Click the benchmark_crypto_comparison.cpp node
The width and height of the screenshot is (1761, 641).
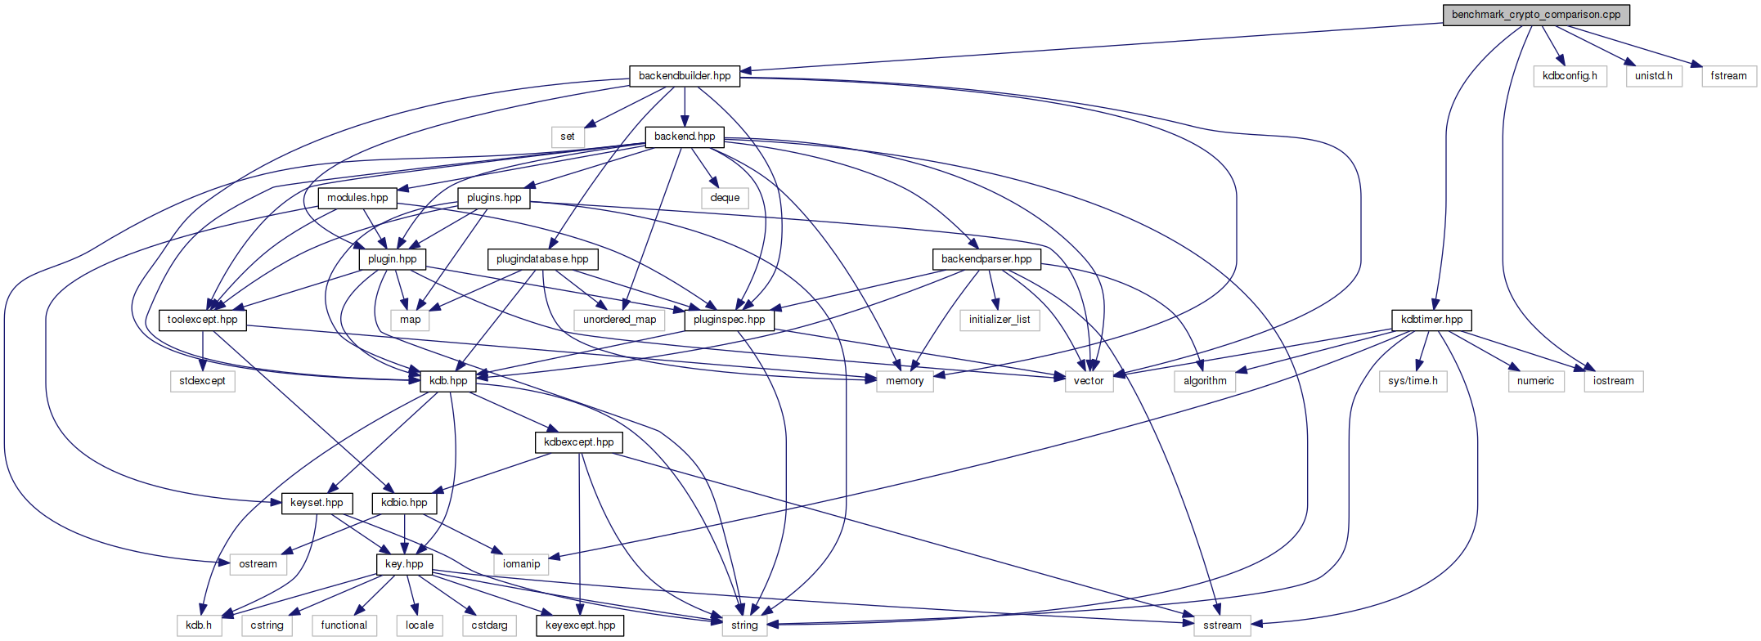pyautogui.click(x=1536, y=15)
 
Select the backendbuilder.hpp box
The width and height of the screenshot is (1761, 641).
pyautogui.click(x=685, y=76)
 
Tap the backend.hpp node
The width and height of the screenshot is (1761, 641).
pyautogui.click(x=685, y=137)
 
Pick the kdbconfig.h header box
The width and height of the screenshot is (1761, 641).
pyautogui.click(x=1570, y=76)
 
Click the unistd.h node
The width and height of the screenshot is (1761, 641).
pyautogui.click(x=1654, y=76)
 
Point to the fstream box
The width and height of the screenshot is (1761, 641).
pyautogui.click(x=1728, y=76)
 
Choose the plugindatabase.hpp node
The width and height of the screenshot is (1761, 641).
pyautogui.click(x=542, y=259)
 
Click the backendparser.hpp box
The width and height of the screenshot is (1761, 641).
pyautogui.click(x=986, y=259)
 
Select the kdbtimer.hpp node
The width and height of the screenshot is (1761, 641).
pyautogui.click(x=1431, y=320)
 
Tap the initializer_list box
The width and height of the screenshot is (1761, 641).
pyautogui.click(x=1000, y=320)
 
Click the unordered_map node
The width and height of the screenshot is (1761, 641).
pyautogui.click(x=619, y=320)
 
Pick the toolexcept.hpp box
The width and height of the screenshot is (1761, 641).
pyautogui.click(x=202, y=320)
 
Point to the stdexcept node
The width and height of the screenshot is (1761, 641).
pyautogui.click(x=202, y=381)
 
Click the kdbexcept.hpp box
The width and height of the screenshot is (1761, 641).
pyautogui.click(x=578, y=442)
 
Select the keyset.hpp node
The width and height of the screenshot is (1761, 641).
pyautogui.click(x=317, y=503)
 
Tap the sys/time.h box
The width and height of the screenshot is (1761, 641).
pyautogui.click(x=1413, y=381)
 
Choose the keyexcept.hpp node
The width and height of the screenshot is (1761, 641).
pyautogui.click(x=580, y=625)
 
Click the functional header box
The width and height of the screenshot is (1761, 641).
pyautogui.click(x=344, y=625)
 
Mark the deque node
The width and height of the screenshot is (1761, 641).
pyautogui.click(x=725, y=198)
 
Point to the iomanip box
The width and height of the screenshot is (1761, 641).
pyautogui.click(x=521, y=564)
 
